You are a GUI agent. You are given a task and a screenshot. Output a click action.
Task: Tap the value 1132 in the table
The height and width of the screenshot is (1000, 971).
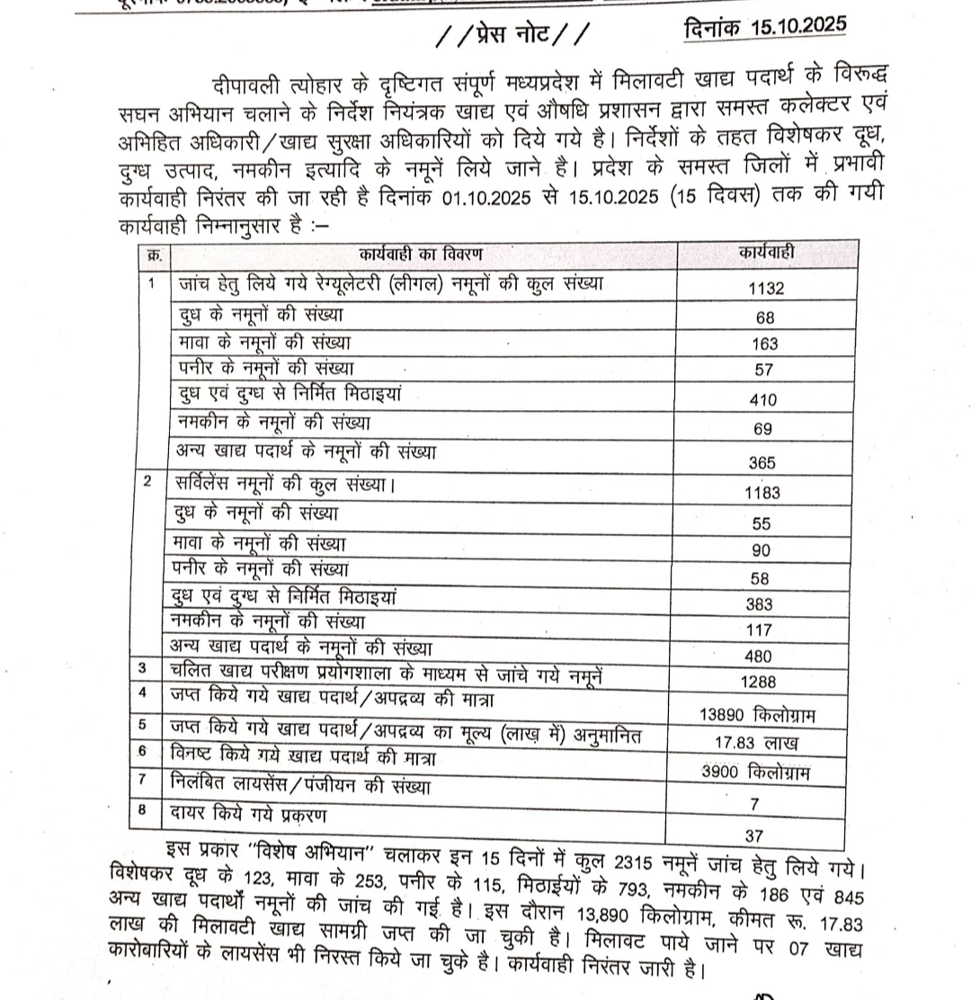[x=766, y=289]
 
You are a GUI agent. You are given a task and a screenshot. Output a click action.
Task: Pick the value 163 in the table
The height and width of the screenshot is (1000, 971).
[x=766, y=344]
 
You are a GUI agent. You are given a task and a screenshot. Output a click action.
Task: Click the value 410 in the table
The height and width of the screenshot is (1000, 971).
[x=765, y=400]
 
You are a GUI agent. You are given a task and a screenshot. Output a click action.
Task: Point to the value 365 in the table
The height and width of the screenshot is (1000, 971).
[x=764, y=462]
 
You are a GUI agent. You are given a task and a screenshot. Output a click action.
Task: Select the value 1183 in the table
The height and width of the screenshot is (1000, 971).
[x=763, y=493]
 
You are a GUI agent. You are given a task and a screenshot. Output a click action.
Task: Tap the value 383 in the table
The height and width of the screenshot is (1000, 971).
[x=763, y=604]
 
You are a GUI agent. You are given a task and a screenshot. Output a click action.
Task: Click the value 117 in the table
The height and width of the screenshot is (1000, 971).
[x=763, y=630]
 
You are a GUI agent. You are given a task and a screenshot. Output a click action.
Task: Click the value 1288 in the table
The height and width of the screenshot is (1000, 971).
[x=763, y=682]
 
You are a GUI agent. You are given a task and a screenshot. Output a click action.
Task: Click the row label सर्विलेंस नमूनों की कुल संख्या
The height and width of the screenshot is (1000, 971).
[x=286, y=484]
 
